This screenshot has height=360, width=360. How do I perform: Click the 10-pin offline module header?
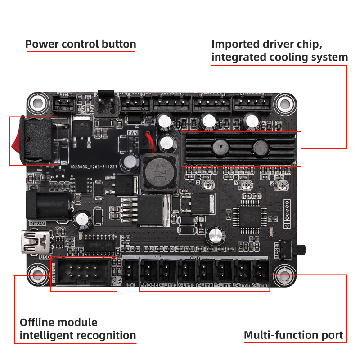[83, 272]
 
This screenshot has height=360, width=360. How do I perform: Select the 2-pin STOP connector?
[64, 105]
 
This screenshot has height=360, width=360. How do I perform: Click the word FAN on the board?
[133, 133]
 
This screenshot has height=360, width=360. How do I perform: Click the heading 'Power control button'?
[81, 44]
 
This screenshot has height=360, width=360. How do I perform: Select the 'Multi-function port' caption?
[293, 335]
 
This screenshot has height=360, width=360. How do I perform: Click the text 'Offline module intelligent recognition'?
[78, 329]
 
